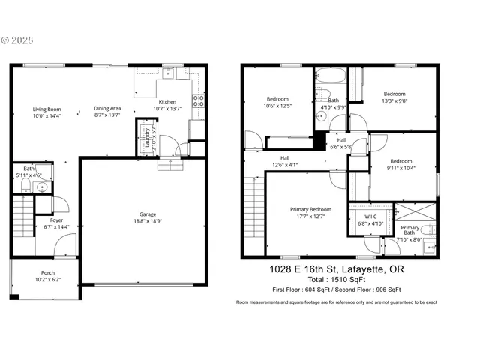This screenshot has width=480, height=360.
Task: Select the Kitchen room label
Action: (167, 102)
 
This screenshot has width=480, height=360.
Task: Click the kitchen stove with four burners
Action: (199, 101)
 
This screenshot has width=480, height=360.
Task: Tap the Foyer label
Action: (56, 220)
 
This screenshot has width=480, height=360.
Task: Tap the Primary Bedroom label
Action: (310, 209)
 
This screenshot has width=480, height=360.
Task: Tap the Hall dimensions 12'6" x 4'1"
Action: (284, 165)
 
